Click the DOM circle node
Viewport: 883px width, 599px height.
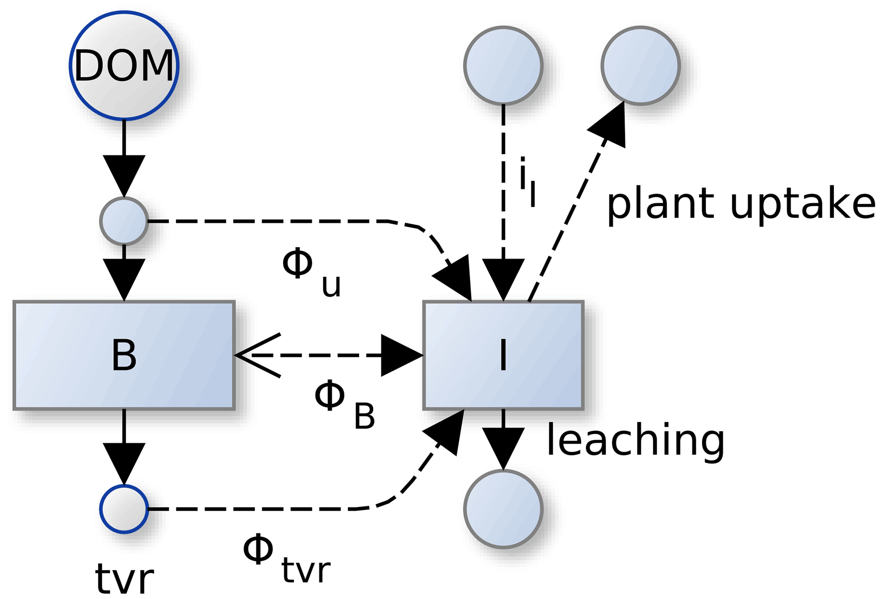click(x=124, y=65)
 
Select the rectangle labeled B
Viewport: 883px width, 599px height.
click(x=124, y=355)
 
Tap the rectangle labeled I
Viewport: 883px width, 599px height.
click(x=503, y=355)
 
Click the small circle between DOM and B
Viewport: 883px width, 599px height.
click(x=124, y=221)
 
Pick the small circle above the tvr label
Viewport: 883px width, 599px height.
click(x=124, y=509)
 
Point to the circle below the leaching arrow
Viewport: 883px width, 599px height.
click(x=503, y=509)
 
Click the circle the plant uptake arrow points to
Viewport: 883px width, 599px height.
click(x=640, y=65)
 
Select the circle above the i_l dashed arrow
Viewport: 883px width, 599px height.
click(x=503, y=65)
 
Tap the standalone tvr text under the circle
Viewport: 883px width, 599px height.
click(x=124, y=579)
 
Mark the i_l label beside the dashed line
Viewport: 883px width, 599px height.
click(x=527, y=181)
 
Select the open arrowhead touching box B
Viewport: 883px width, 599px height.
click(x=256, y=355)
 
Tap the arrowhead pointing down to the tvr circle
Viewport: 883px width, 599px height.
click(x=124, y=463)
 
